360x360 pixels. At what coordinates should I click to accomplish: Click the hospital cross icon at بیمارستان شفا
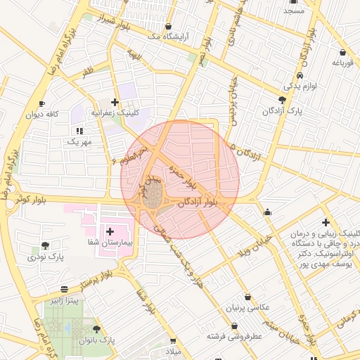click(x=110, y=231)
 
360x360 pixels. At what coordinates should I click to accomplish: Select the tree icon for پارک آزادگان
click(x=283, y=100)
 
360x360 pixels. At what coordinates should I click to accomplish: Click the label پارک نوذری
click(x=46, y=258)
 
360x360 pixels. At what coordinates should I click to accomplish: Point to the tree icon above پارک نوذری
click(x=46, y=245)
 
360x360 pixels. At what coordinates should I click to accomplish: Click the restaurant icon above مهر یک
click(x=79, y=131)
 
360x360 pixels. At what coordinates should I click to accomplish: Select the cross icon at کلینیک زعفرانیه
click(x=115, y=102)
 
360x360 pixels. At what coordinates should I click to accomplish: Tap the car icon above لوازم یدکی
click(x=300, y=75)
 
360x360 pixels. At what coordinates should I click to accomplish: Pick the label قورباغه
click(x=342, y=63)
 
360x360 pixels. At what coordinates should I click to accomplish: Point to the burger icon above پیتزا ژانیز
click(x=65, y=288)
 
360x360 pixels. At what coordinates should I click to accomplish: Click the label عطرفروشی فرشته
click(x=234, y=337)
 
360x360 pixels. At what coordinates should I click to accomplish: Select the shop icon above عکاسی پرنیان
click(x=248, y=297)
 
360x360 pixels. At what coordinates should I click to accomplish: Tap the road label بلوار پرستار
click(x=98, y=281)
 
